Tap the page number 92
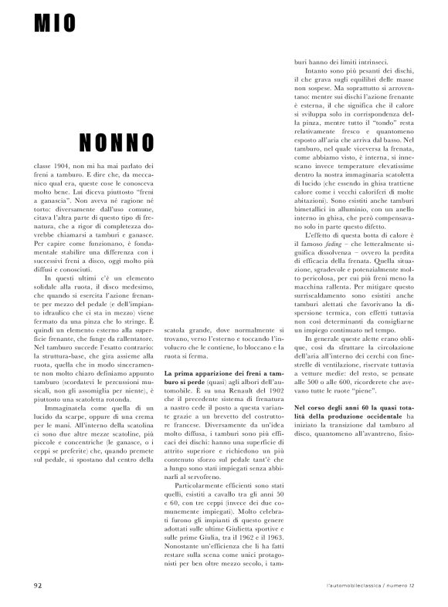[x=39, y=583]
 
